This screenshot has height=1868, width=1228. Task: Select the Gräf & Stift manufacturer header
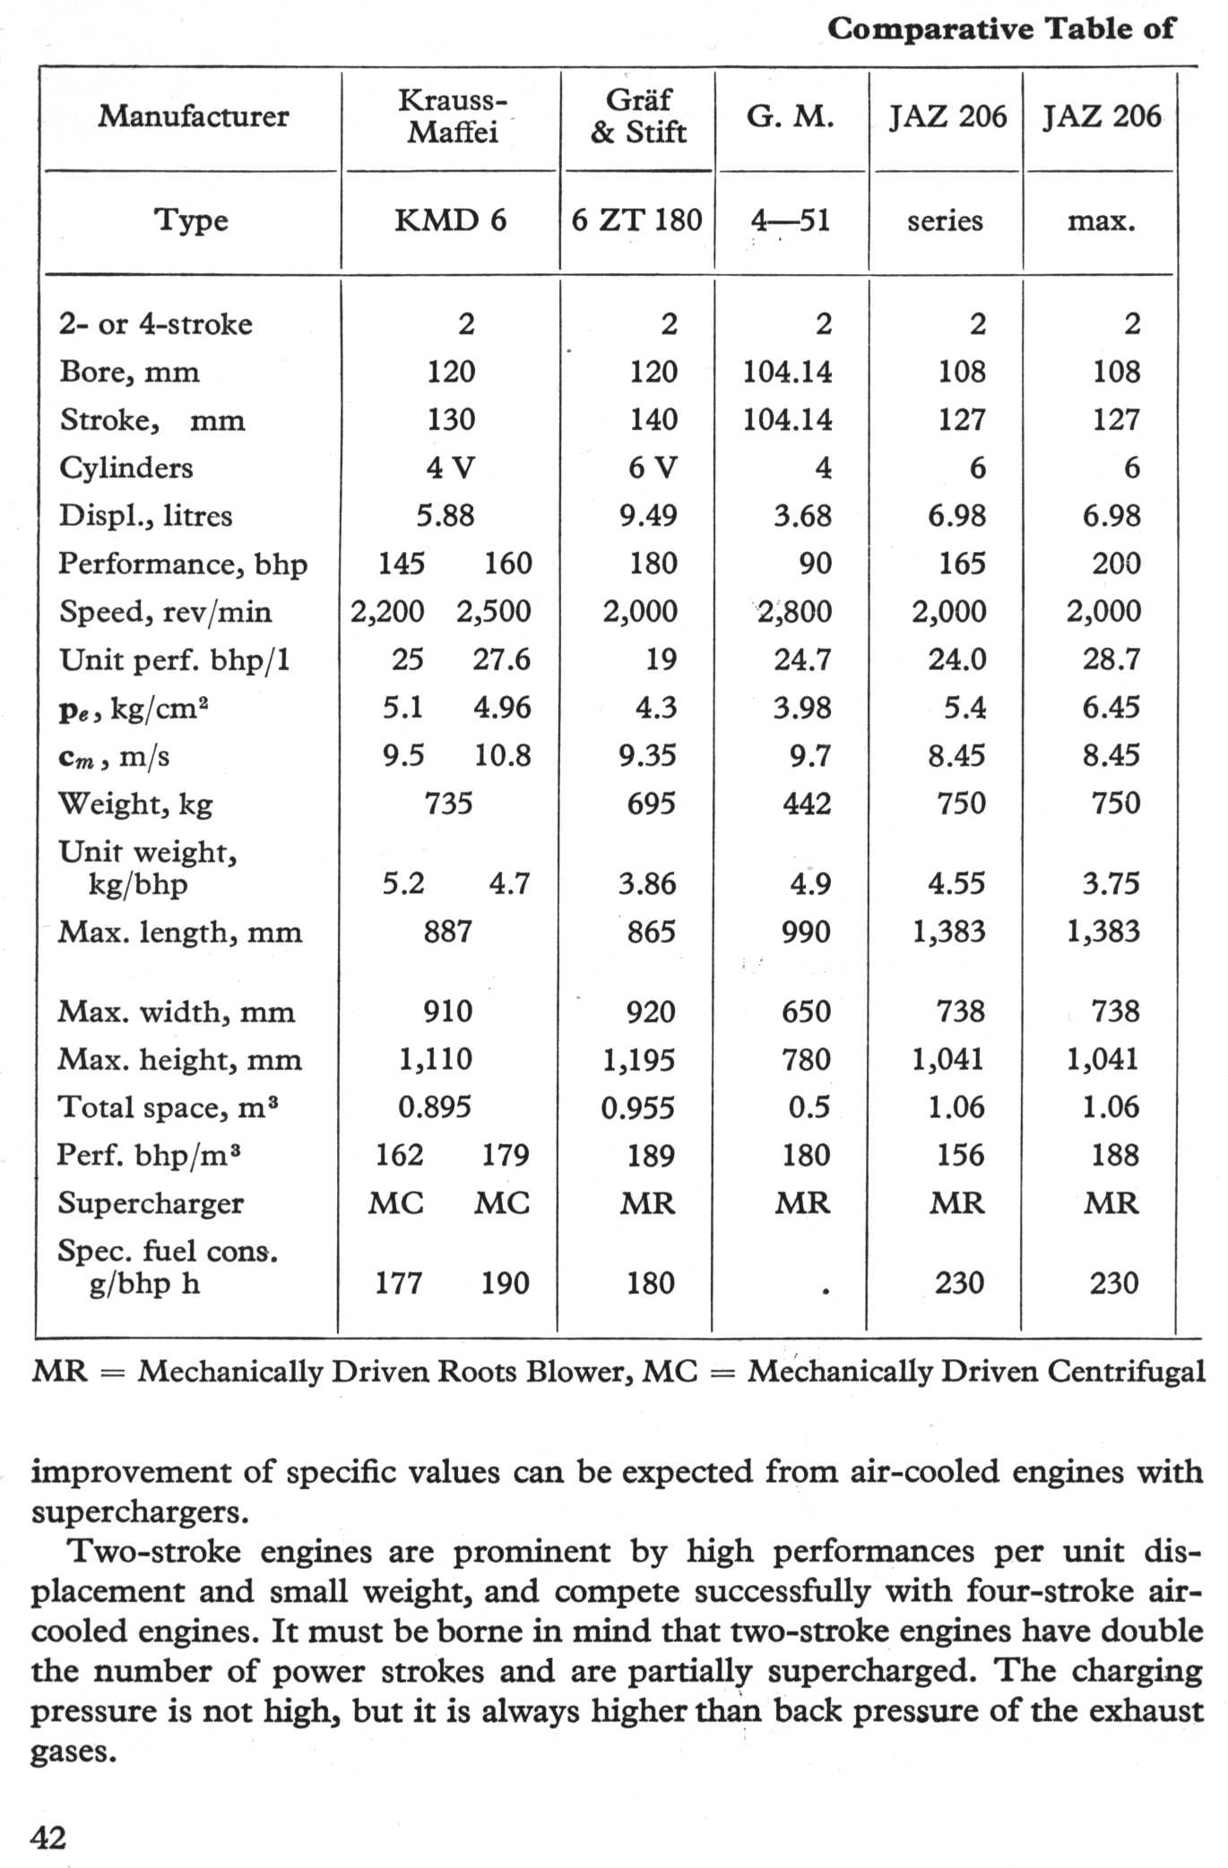638,116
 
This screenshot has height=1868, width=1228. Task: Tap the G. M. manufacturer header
791,116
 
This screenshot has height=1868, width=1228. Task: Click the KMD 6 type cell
451,220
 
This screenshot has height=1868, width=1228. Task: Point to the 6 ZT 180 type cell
637,220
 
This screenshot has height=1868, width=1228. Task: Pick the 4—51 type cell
791,220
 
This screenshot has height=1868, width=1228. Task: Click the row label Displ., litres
146,516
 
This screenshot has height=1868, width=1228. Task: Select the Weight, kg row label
135,804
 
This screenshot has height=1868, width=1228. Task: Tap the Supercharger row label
151,1203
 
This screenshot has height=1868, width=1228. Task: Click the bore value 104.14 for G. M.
787,372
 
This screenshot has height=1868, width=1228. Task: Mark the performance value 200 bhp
1115,564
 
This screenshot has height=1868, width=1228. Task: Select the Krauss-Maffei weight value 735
448,804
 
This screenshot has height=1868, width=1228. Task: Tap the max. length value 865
651,932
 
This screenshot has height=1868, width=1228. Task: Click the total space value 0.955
638,1108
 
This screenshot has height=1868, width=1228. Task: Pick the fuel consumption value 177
398,1284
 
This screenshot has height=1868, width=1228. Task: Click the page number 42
48,1838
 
